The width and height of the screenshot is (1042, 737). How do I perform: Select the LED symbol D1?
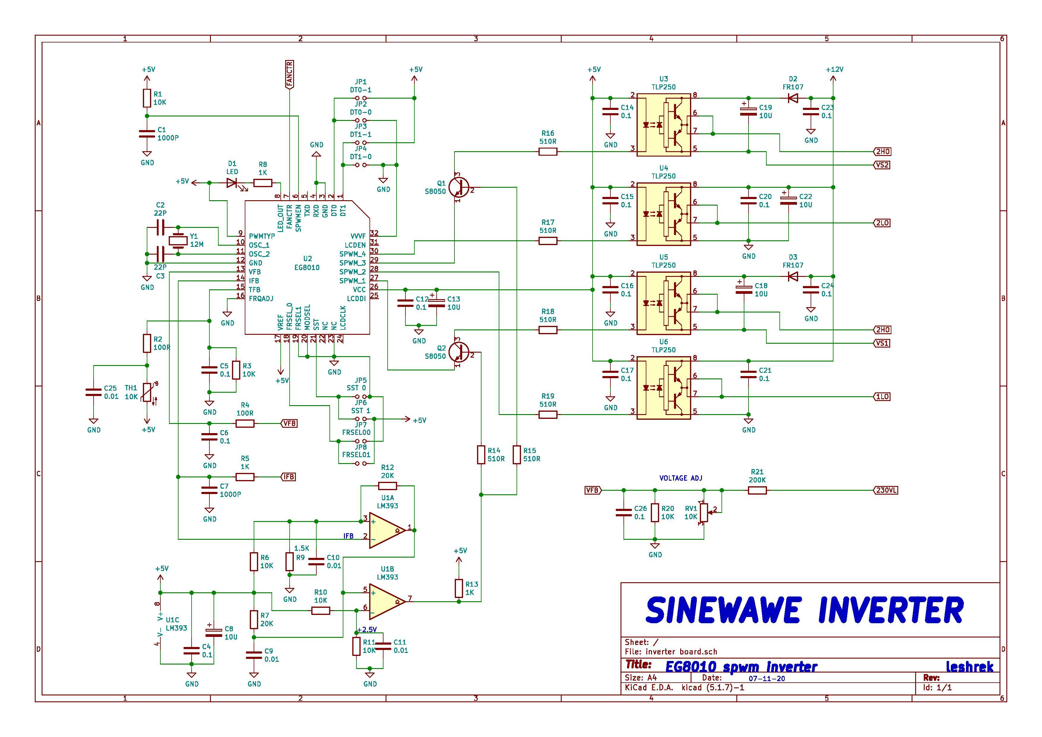click(x=232, y=183)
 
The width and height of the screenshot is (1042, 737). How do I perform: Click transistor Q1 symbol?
click(x=458, y=187)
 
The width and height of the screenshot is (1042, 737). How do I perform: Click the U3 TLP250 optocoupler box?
click(x=664, y=125)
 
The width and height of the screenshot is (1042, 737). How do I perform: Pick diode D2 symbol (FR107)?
click(x=793, y=98)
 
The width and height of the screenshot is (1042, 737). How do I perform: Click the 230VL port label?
click(x=885, y=490)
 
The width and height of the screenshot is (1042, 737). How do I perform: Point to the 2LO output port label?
click(x=882, y=223)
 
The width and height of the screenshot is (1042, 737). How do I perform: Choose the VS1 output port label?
click(x=881, y=343)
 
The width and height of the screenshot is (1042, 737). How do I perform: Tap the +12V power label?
click(x=834, y=70)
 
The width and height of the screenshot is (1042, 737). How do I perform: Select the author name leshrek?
click(x=970, y=667)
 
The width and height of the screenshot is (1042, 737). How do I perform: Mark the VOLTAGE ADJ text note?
click(x=680, y=478)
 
